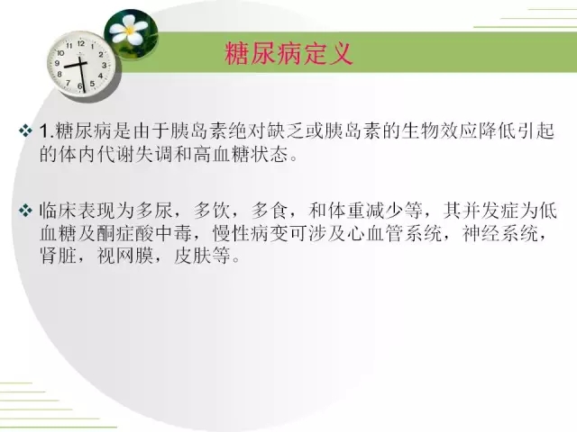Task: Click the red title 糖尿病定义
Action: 288,54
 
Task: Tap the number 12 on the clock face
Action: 81,43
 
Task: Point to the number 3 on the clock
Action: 105,65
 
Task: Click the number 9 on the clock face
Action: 57,63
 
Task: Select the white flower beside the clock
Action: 128,29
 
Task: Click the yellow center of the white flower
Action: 130,31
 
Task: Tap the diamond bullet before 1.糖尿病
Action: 25,131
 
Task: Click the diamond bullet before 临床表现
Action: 25,211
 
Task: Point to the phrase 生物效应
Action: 439,131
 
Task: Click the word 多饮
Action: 212,211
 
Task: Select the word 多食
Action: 270,211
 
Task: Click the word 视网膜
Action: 125,256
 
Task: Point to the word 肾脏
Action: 58,256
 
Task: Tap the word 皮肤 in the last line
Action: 192,256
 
